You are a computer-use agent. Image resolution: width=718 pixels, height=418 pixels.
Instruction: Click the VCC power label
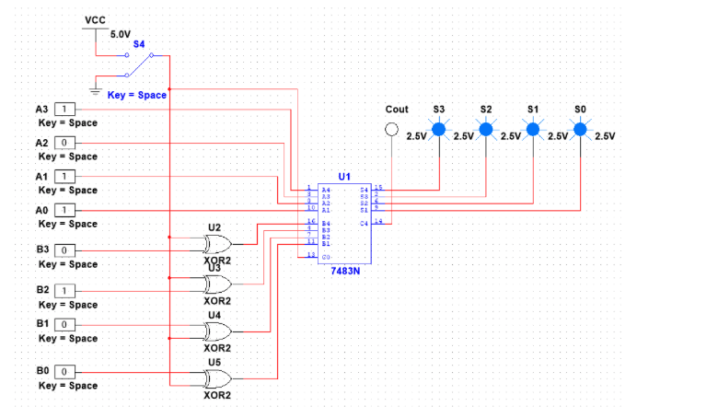click(95, 19)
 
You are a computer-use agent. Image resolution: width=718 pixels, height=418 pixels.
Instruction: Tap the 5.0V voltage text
click(121, 34)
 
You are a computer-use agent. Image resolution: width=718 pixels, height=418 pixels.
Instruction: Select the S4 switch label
click(139, 43)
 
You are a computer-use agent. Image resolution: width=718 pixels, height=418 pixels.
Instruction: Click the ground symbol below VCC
click(95, 90)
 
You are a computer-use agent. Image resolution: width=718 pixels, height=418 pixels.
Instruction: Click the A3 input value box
click(66, 110)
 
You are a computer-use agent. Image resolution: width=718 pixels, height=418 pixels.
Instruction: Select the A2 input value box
click(66, 144)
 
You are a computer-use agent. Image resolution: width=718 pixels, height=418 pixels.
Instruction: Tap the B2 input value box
click(66, 291)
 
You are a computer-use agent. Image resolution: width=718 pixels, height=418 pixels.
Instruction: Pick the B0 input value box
click(66, 372)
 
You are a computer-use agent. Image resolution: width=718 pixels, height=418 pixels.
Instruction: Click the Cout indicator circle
click(393, 131)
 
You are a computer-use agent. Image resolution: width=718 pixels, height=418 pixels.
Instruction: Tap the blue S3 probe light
click(439, 130)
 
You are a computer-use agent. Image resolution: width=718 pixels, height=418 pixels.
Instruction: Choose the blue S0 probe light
click(580, 130)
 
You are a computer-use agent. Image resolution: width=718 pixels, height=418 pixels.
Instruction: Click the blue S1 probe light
click(533, 130)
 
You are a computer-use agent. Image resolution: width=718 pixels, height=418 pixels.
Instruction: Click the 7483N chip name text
click(344, 270)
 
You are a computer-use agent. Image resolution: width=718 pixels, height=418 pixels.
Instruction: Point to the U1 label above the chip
click(344, 175)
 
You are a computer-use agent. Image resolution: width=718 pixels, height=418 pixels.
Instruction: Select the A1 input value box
click(66, 177)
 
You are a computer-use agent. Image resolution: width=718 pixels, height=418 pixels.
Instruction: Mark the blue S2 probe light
click(486, 130)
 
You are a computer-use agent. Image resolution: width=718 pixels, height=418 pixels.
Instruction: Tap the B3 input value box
click(66, 250)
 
